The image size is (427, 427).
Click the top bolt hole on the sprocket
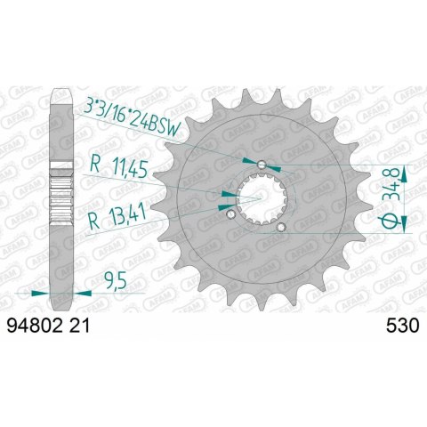261,165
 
